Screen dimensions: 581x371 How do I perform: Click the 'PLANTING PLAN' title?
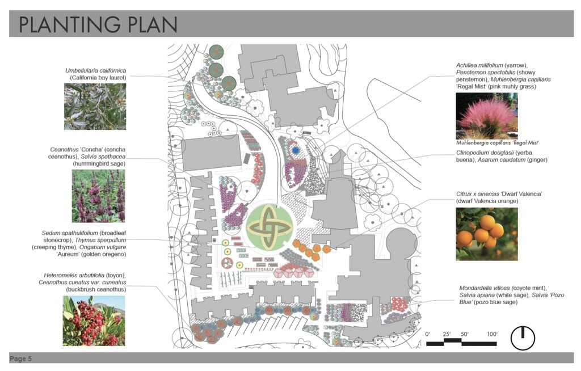98,24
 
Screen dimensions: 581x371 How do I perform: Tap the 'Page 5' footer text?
21,359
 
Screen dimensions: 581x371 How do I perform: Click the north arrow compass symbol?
523,338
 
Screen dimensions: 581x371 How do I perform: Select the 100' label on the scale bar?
492,334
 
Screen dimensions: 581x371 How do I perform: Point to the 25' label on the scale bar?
447,334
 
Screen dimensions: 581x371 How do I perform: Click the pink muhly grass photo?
486,116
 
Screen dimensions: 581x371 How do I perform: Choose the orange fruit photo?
486,234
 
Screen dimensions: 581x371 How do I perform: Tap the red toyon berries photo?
94,321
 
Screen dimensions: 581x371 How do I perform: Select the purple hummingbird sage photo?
99,196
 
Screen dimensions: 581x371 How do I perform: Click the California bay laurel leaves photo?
95,107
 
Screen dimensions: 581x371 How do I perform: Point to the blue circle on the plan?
295,151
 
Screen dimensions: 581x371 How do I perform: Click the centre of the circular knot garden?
270,226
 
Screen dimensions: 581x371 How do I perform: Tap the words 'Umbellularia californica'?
95,70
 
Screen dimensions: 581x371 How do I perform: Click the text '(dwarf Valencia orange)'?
487,201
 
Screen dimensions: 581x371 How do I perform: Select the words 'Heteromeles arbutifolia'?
74,275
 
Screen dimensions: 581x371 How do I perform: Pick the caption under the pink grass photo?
497,143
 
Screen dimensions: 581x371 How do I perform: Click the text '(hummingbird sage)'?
99,163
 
